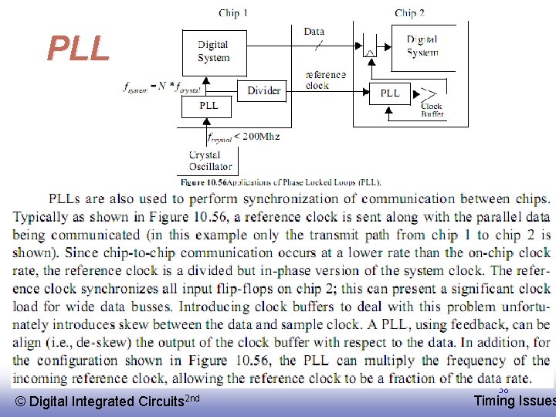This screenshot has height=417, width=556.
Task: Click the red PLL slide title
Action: (x=78, y=49)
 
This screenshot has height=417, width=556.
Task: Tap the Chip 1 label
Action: (x=233, y=12)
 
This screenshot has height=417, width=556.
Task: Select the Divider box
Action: (x=264, y=90)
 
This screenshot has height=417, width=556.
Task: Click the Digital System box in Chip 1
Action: (x=213, y=52)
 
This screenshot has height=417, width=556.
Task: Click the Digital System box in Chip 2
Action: (x=422, y=46)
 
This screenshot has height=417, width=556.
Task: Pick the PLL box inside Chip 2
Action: (x=391, y=93)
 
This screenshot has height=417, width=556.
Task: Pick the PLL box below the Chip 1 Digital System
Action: (x=209, y=106)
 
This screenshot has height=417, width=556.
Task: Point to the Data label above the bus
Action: (x=314, y=32)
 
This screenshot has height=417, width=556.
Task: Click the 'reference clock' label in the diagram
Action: (x=325, y=80)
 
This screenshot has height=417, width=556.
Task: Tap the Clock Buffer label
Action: (x=432, y=110)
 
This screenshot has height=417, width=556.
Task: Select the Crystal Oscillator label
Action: (x=210, y=161)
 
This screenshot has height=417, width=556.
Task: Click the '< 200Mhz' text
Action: (x=256, y=137)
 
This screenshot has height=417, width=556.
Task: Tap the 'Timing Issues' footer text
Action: (x=514, y=400)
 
